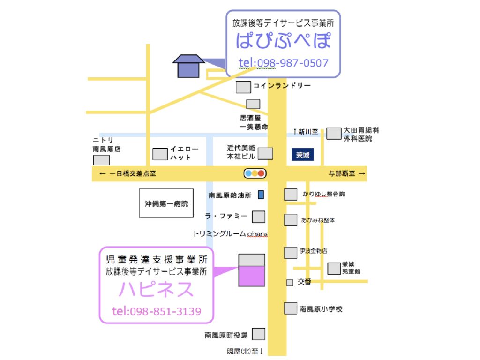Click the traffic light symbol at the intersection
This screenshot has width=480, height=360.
pos(255,173)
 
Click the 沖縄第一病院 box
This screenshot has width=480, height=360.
pos(166,203)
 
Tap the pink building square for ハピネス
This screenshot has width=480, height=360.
pos(252,276)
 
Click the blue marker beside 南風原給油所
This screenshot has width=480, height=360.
pos(261,194)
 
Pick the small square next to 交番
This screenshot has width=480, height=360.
pos(290,283)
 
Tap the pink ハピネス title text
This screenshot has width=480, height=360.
pos(156,289)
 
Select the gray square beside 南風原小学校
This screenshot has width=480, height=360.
pos(290,308)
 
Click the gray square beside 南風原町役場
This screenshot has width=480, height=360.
pos(259,334)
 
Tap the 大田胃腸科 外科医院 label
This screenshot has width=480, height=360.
pos(358,135)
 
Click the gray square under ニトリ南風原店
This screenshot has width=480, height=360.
pos(101,160)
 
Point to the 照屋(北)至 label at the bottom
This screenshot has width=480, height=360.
pos(245,351)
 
